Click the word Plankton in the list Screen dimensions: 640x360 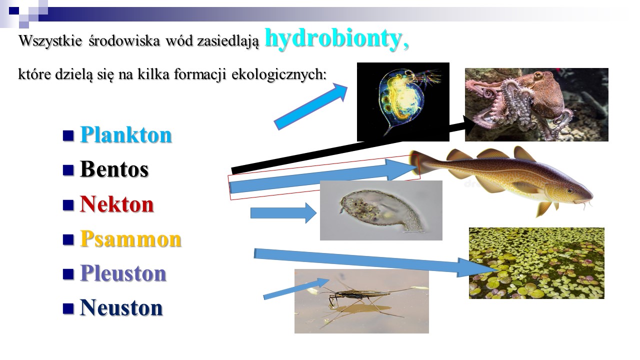(125, 134)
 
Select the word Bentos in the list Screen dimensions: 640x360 (114, 169)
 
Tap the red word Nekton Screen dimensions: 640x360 (117, 204)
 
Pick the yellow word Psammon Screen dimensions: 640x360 (130, 239)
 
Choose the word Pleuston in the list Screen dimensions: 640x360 (123, 273)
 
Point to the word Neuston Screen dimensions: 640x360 (121, 307)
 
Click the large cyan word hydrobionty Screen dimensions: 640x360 (337, 39)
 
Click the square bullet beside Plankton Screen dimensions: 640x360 (68, 135)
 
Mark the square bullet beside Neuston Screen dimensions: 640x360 (68, 309)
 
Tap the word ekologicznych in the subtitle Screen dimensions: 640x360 (279, 74)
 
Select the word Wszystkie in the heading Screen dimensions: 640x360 (50, 40)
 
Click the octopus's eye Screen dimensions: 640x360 (538, 75)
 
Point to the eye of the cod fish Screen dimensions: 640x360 (570, 191)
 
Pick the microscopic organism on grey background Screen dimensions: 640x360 (382, 210)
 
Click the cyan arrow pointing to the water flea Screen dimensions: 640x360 (311, 106)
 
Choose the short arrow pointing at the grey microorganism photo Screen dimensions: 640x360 (283, 213)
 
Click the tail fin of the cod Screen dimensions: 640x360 (420, 163)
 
